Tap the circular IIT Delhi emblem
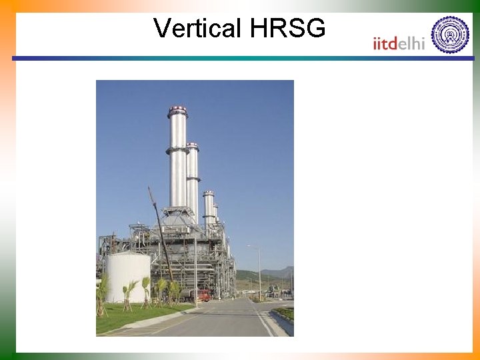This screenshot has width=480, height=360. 450,35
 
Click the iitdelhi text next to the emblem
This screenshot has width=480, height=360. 399,43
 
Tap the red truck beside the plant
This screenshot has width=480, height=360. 200,295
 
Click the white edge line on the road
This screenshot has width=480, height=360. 263,320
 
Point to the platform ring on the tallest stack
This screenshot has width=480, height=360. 177,151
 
